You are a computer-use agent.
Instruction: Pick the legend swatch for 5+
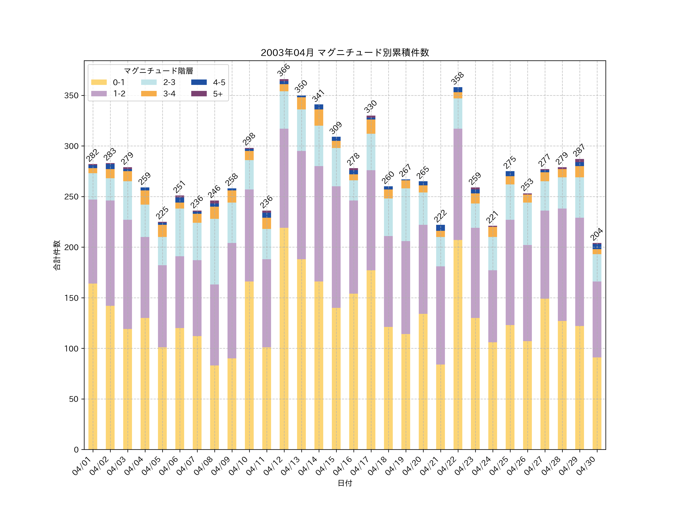pos(199,94)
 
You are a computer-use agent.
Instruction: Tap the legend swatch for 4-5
pos(199,82)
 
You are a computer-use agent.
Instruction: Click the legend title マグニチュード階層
pos(158,71)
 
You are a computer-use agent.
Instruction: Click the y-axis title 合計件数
pos(57,255)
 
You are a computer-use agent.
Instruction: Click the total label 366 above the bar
pos(284,70)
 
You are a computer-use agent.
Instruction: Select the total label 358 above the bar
pos(458,78)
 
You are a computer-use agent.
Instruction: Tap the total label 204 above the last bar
pos(597,234)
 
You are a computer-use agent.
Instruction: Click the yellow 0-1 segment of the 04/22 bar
pos(458,344)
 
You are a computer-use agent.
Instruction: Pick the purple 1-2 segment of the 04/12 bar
pos(284,178)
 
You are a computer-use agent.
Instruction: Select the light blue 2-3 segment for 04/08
pos(214,251)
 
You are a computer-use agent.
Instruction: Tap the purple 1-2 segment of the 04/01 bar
pos(93,241)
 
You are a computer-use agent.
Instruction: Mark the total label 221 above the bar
pos(492,217)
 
